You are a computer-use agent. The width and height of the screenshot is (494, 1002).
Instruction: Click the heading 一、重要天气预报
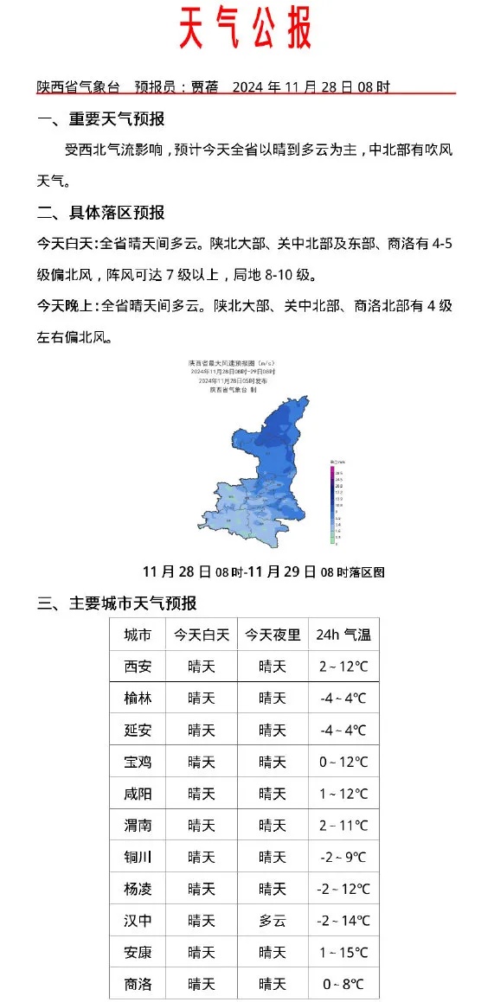coord(101,119)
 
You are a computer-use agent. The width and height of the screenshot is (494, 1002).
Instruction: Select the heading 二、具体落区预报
coord(101,213)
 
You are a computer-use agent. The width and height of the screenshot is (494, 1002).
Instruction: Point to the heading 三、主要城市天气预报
coord(117,603)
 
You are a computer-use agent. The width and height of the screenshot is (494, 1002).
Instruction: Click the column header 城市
coord(138,635)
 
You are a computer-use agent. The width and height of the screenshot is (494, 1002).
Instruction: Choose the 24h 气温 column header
coord(343,635)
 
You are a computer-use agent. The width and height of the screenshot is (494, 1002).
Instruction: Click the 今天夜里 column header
coord(273,635)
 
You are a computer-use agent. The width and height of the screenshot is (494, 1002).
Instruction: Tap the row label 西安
coord(138,667)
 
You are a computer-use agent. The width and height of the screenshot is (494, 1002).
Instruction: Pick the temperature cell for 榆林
coord(343,699)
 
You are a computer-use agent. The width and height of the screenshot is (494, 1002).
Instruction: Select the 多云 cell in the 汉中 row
coord(273,921)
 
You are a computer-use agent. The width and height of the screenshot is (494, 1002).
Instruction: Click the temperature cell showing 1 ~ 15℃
coord(343,953)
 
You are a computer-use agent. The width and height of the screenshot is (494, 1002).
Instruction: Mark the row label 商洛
coord(138,984)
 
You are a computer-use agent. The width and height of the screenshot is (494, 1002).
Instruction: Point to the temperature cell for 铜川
coord(343,857)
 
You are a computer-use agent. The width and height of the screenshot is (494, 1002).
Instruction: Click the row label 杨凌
coord(138,889)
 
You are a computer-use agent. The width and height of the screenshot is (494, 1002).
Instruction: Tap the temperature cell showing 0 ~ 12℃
coord(343,762)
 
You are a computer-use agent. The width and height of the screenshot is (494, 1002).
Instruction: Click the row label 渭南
coord(138,826)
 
